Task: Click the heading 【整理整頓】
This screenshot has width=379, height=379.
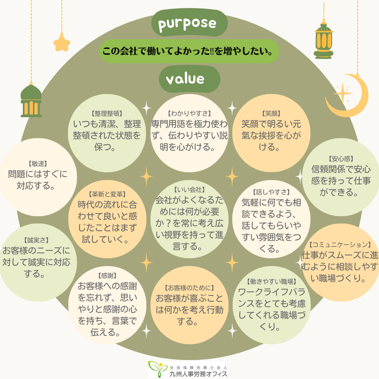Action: pyautogui.click(x=107, y=113)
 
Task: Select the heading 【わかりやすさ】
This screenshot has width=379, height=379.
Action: pyautogui.click(x=189, y=113)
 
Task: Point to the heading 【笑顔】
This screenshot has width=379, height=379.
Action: pyautogui.click(x=271, y=113)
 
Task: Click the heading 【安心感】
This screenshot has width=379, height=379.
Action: pyautogui.click(x=341, y=159)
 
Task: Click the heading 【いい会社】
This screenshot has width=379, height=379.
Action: pyautogui.click(x=189, y=190)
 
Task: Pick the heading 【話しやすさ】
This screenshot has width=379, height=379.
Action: pyautogui.click(x=271, y=192)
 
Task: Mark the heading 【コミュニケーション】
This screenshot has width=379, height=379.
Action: pyautogui.click(x=340, y=244)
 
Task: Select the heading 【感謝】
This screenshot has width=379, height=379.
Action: pyautogui.click(x=107, y=275)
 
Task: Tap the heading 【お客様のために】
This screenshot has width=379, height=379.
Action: pyautogui.click(x=189, y=288)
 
